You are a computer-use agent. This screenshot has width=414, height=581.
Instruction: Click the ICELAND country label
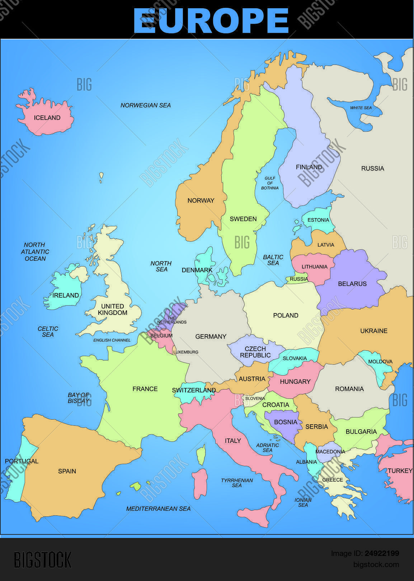47,118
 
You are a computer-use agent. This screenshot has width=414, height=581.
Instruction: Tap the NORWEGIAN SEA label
145,105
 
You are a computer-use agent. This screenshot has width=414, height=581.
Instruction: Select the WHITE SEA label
361,108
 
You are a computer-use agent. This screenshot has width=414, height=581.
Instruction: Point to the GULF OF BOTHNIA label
270,183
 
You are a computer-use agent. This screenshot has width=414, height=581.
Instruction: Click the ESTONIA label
318,220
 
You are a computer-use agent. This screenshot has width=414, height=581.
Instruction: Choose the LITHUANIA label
314,266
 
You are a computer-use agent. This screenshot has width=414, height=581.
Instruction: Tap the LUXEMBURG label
185,352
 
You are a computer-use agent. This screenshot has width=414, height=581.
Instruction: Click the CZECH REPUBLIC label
255,352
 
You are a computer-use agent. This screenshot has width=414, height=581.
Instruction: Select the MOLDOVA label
380,362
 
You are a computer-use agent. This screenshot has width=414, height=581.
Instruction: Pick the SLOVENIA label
255,398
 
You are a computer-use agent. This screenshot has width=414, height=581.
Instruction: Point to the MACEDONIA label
330,452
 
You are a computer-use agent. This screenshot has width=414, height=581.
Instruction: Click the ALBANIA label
306,462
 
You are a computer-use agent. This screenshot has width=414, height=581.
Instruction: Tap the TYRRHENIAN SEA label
237,483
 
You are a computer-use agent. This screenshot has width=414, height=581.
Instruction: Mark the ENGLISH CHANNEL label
112,340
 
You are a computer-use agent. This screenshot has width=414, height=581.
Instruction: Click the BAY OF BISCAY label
78,398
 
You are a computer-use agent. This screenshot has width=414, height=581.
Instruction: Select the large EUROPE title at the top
211,20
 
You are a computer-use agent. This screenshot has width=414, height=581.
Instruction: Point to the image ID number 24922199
382,553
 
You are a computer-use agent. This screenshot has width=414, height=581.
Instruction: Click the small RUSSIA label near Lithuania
298,279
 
